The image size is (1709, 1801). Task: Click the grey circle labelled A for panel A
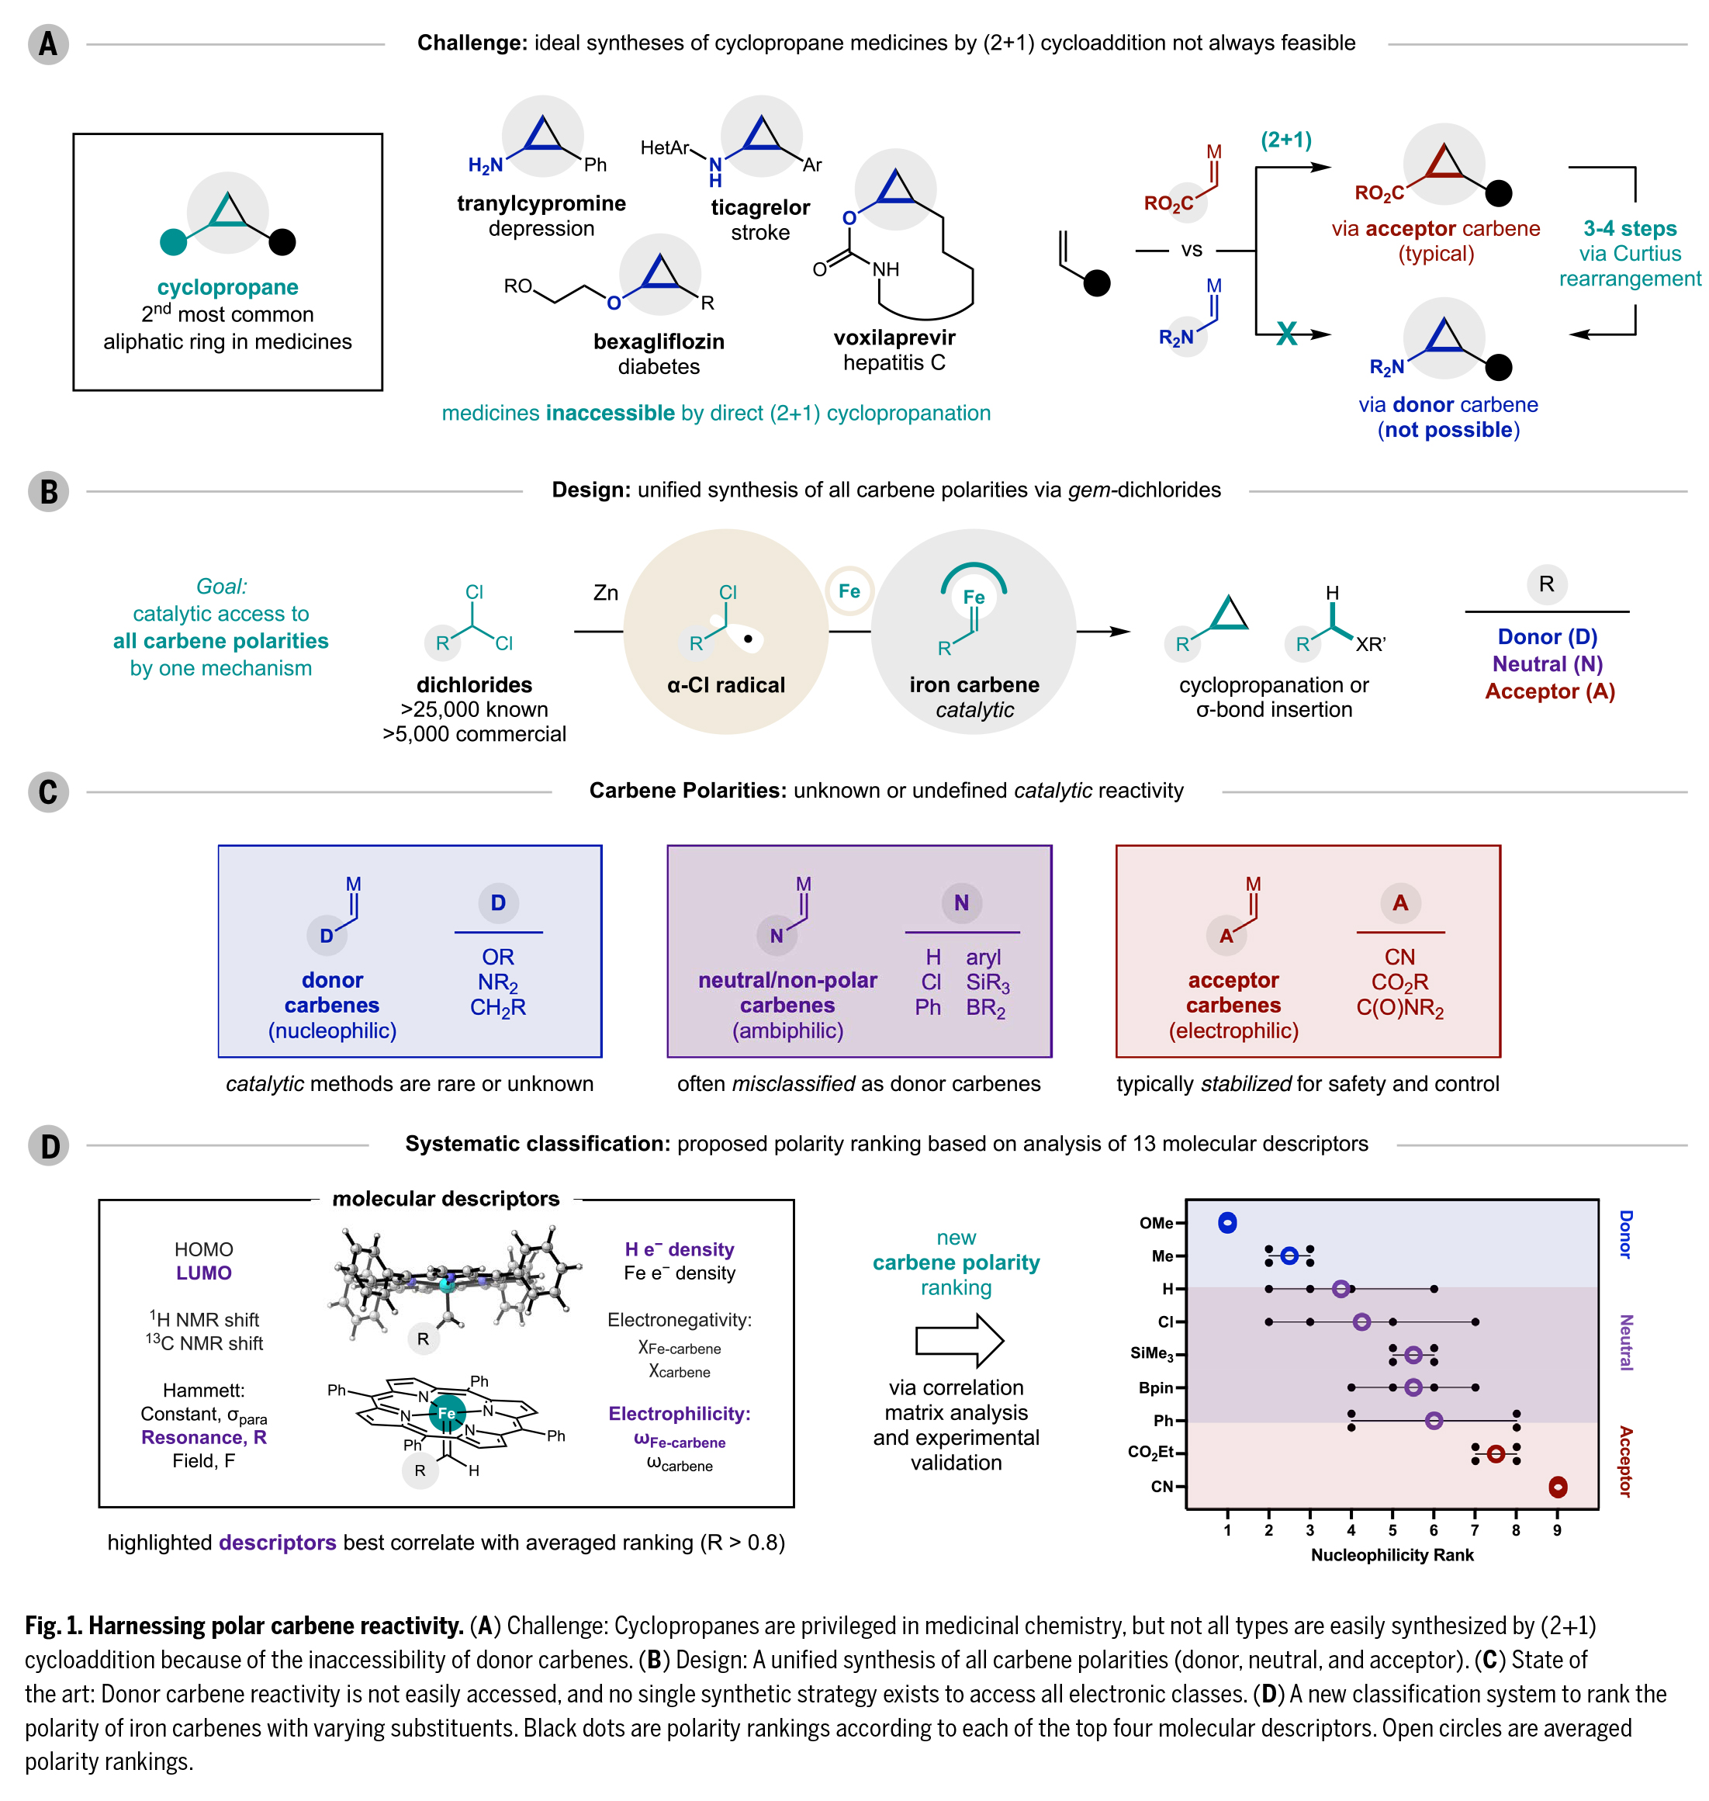coord(47,43)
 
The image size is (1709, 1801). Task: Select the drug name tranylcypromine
coord(541,203)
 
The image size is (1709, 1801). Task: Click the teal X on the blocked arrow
coord(1286,334)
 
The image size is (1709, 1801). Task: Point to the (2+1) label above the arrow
coord(1285,140)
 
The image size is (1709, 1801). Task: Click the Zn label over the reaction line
coord(605,593)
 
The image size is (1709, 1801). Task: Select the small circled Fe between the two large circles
coord(849,591)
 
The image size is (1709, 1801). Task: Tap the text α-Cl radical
coord(725,685)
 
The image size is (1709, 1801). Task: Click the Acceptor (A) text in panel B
coord(1548,691)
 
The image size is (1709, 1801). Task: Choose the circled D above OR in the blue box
coord(497,902)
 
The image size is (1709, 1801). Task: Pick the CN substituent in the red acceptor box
coord(1399,957)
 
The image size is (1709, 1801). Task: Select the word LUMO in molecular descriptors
coord(203,1273)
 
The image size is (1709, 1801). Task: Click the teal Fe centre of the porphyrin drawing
coord(446,1413)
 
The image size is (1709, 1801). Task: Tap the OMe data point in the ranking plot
coord(1227,1223)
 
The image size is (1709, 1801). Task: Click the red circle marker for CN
coord(1558,1487)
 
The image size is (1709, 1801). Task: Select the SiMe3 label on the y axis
coord(1151,1354)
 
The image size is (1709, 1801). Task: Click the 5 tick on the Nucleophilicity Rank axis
coord(1392,1530)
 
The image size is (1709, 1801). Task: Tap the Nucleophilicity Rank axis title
coord(1391,1555)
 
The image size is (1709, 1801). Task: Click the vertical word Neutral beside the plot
coord(1625,1342)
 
